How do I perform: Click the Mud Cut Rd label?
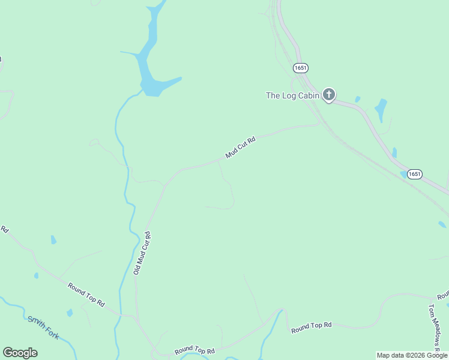pos(241,148)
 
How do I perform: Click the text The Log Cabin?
pos(292,95)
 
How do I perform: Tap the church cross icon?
pos(328,94)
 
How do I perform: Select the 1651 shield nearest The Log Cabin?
pos(301,68)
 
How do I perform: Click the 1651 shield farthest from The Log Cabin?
pos(414,174)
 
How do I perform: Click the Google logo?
pos(20,353)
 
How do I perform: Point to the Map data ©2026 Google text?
pos(412,355)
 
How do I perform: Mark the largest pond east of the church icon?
pos(381,110)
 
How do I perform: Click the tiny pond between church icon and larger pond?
pos(358,99)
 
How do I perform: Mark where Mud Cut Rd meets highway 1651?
pos(319,124)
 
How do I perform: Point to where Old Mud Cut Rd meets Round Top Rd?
pos(137,316)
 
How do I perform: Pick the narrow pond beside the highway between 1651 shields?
pos(394,153)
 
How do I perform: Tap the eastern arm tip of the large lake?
pos(179,78)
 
